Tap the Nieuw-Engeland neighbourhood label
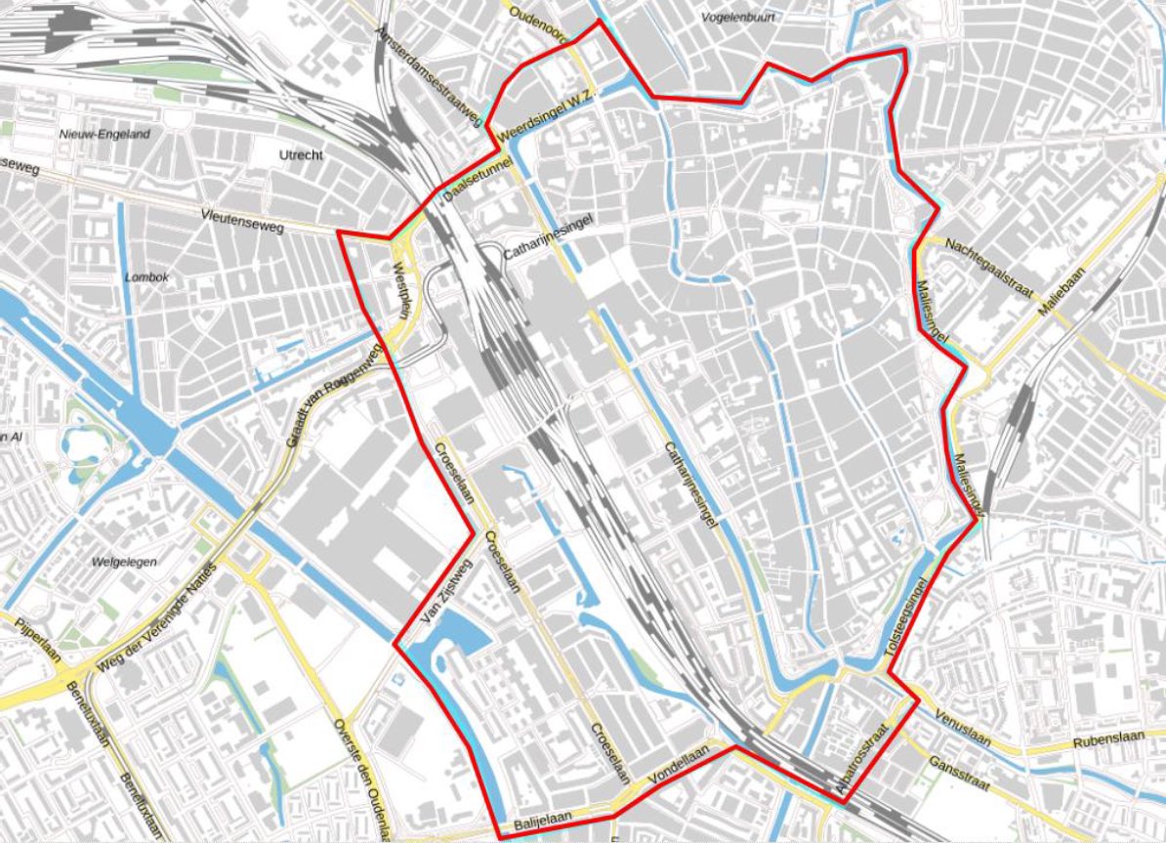104,134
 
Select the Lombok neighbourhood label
147,277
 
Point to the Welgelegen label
124,562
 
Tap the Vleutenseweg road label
241,221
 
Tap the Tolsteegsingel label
911,612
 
